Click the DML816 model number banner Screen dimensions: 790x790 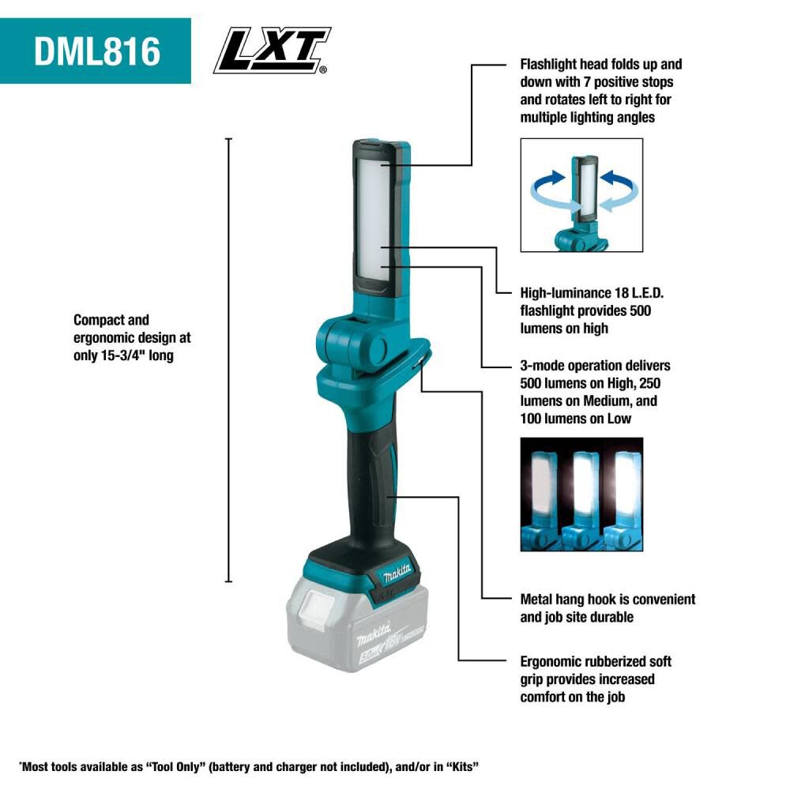(96, 51)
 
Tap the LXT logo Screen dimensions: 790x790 (272, 51)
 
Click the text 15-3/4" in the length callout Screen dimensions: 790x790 (138, 355)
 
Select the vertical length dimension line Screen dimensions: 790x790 (229, 360)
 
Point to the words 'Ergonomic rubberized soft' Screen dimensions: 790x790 (596, 661)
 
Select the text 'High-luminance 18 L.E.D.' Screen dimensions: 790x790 (597, 293)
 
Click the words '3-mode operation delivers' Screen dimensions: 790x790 (595, 366)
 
